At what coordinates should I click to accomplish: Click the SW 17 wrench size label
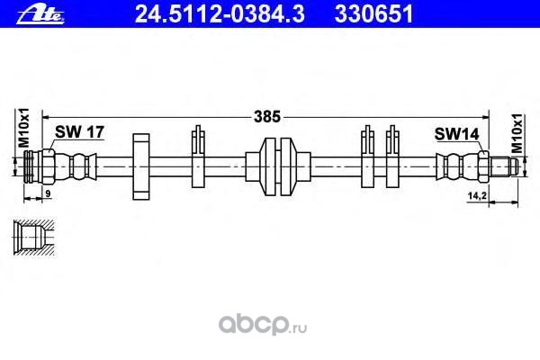coord(80,132)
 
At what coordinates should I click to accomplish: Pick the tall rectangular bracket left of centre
coord(140,166)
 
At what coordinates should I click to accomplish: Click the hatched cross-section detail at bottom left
coord(34,239)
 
